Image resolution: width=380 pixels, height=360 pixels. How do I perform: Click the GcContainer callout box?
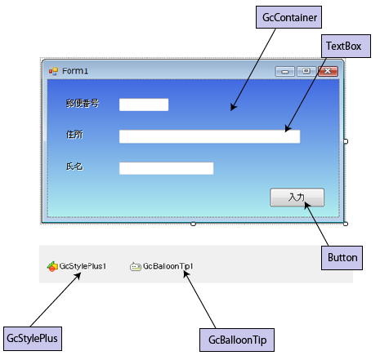coord(288,17)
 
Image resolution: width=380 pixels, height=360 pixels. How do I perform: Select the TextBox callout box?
coord(346,46)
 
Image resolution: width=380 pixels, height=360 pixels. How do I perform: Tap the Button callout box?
coord(342,258)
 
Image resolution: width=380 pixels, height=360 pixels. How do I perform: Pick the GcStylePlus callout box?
coord(33,339)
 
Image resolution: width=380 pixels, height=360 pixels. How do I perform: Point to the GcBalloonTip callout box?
coord(237,340)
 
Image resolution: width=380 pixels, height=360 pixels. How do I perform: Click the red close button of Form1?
coord(328,71)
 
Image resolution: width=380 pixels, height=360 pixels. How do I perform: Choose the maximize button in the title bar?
coord(306,71)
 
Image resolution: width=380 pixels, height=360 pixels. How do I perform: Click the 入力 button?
coord(297,198)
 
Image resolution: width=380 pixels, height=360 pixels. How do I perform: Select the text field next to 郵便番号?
coord(144,104)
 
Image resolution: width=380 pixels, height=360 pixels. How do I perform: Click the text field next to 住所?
coord(209,136)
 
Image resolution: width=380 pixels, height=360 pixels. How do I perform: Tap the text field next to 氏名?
coord(166,168)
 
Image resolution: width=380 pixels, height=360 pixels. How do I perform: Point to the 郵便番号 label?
coord(83,104)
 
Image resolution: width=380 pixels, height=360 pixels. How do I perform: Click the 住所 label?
coord(74,135)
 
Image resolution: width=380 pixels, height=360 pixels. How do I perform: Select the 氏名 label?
coord(74,166)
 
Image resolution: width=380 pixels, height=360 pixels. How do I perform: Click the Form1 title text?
coord(75,71)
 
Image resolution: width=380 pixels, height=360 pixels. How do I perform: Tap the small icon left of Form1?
coord(53,72)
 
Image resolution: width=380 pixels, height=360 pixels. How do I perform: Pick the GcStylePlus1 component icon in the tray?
coord(52,267)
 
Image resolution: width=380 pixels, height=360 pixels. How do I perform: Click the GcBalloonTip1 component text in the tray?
coord(168,266)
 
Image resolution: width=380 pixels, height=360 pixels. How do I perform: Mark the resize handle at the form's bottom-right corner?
coord(346,224)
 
